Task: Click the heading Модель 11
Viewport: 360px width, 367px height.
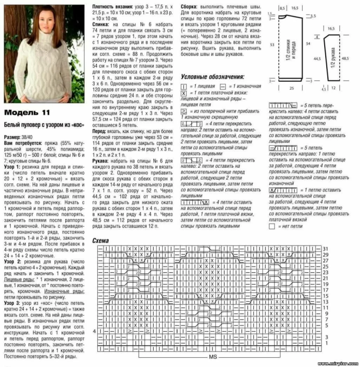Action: (x=27, y=113)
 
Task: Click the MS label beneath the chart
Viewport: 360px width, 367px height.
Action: (x=212, y=358)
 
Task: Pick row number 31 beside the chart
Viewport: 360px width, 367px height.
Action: (x=326, y=249)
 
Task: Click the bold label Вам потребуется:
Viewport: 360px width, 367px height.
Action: (x=21, y=142)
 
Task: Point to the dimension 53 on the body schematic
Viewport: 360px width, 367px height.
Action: (x=271, y=45)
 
